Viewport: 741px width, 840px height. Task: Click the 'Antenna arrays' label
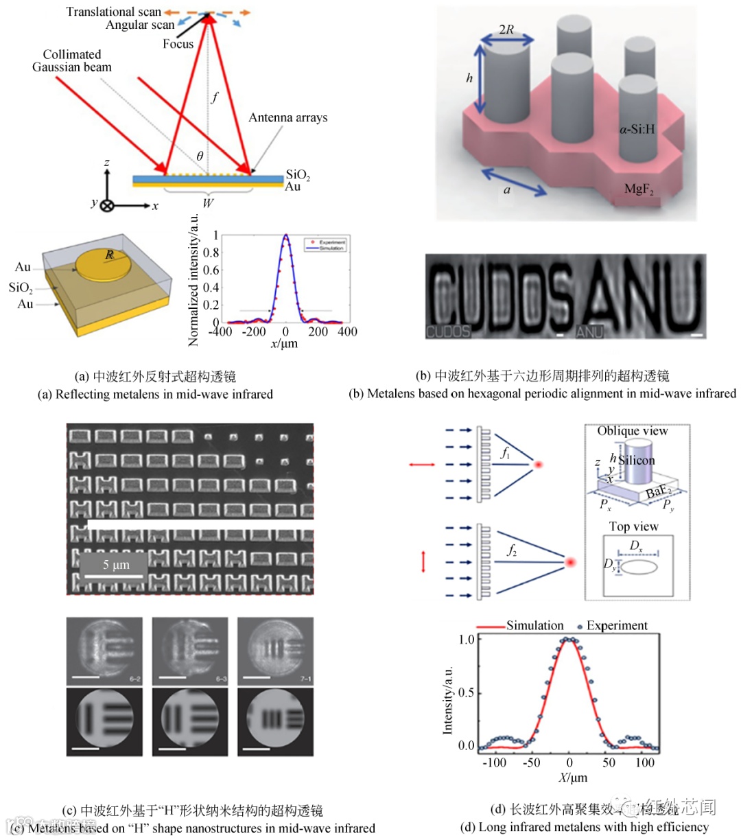coord(287,117)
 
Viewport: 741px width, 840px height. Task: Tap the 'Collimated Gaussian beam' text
coord(71,60)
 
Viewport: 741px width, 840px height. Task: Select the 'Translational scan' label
coord(113,12)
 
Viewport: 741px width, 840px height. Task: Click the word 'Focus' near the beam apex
coord(178,44)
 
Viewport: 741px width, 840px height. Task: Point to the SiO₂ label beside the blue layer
coord(298,175)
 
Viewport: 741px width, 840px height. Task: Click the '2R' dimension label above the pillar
coord(506,30)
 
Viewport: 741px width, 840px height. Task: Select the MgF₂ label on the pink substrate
coord(638,189)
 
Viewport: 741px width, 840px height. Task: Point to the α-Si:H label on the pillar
coord(637,128)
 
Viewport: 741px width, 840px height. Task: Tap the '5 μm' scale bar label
coord(116,564)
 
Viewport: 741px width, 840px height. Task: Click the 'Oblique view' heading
coord(632,431)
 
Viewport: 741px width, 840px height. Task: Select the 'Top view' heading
coord(633,526)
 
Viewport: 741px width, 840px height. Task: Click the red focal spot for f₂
coord(569,563)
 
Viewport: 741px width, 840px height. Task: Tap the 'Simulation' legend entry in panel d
coord(534,625)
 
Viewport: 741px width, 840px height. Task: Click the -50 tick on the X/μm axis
coord(532,762)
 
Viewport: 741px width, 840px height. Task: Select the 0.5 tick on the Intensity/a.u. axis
coord(467,692)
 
